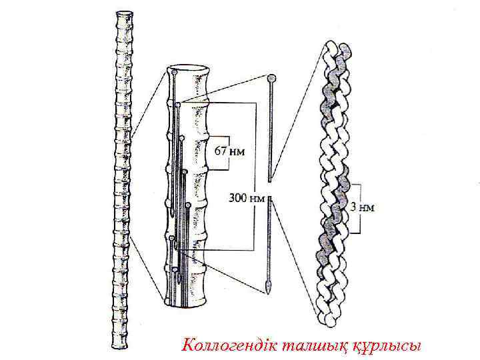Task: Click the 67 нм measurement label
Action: pos(229,151)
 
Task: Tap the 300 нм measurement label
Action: pos(247,198)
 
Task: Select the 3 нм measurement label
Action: pos(363,207)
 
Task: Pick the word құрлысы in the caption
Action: pos(387,345)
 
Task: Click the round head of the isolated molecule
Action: pos(271,79)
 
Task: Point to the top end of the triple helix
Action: pos(337,48)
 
